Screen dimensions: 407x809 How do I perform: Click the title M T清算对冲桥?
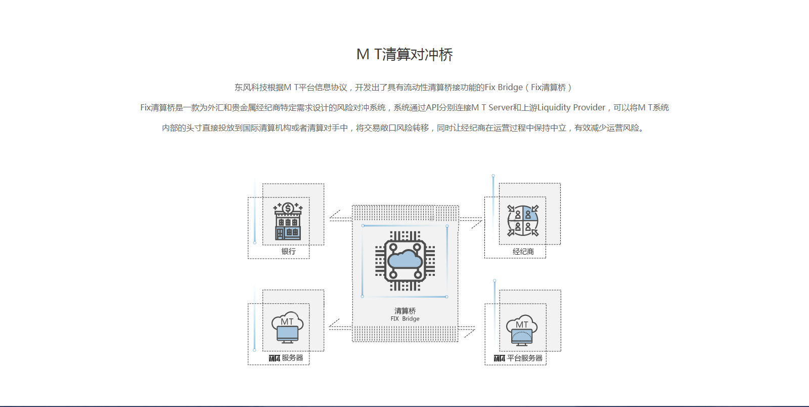tap(404, 55)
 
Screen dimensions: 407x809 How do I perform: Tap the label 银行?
tap(288, 252)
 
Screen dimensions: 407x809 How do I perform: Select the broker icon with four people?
tap(523, 221)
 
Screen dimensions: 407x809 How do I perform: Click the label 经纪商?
tap(523, 252)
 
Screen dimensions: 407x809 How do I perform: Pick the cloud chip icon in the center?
tap(404, 261)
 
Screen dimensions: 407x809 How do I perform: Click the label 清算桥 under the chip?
tap(405, 311)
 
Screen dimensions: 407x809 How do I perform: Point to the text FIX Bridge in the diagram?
tap(405, 319)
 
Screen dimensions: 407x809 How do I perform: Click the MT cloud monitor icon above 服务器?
tap(287, 328)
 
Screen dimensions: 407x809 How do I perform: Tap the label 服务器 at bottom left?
tap(292, 358)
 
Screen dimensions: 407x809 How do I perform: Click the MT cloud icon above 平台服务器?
tap(522, 330)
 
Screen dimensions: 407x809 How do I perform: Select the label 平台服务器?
tap(524, 358)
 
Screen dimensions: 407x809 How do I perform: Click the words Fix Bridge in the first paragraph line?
tap(504, 88)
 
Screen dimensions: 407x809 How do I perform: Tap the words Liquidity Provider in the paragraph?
tap(571, 108)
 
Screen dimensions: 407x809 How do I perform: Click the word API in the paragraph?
tap(433, 108)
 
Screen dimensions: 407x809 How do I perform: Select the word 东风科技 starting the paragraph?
tap(250, 88)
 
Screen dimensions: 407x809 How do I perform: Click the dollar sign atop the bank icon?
tap(288, 208)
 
